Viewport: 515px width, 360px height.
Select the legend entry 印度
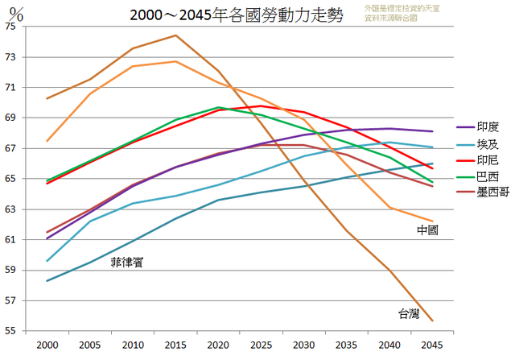click(488, 126)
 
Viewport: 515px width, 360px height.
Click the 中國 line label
click(427, 230)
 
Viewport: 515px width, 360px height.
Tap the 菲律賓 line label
click(127, 262)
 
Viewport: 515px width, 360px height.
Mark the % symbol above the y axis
click(18, 12)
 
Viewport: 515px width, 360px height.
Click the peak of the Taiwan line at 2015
click(175, 35)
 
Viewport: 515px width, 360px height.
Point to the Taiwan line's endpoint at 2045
click(432, 321)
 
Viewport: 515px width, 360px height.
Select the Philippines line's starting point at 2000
click(48, 281)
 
